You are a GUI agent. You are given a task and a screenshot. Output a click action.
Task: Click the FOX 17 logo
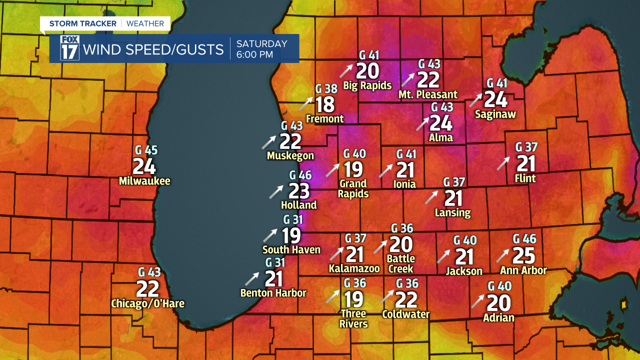coord(69,48)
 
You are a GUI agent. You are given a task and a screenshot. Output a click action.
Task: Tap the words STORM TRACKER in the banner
coord(82,23)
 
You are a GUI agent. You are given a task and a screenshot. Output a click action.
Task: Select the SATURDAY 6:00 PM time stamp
coord(261,49)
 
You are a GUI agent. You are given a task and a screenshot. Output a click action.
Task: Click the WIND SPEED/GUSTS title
coord(153,49)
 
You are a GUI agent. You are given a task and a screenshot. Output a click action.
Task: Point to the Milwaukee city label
coord(144,181)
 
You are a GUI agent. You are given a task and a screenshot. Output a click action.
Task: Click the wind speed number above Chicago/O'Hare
coord(147,288)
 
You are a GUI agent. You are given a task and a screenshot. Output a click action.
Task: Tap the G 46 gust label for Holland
coord(300,175)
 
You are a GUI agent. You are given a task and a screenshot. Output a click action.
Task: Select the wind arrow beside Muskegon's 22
coord(269,142)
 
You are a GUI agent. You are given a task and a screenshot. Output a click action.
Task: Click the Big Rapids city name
coord(367,85)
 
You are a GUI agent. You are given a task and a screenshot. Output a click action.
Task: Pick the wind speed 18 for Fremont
coord(325,104)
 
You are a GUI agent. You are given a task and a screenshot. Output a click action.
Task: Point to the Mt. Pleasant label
coord(428,94)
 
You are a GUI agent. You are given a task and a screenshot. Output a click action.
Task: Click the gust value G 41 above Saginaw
coord(496,83)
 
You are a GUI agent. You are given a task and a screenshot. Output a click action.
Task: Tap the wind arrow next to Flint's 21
coord(503,163)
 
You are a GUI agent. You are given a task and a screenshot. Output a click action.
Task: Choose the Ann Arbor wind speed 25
coord(524,255)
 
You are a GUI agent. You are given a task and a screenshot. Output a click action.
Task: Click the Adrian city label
coord(498,317)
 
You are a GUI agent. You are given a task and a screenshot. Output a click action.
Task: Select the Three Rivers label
coord(353,318)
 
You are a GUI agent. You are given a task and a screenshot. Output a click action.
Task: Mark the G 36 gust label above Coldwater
coord(407,283)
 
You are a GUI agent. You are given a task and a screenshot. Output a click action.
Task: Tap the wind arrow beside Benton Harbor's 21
coord(252,278)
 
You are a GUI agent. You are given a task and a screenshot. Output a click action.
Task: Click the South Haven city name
coord(291,249)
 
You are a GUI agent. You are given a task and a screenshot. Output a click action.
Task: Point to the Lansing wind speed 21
coord(453,198)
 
